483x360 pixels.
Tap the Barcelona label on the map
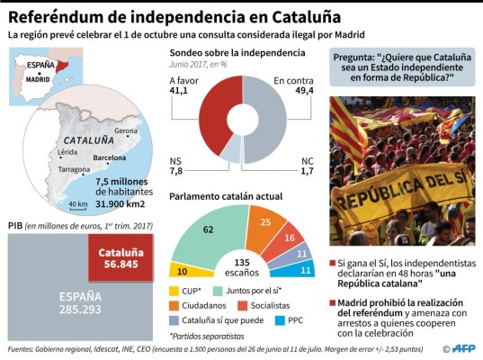tap(110, 157)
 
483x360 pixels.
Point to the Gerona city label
tap(126, 130)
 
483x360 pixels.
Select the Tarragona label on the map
tap(75, 168)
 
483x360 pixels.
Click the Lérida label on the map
tap(68, 153)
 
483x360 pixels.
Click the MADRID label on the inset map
tap(37, 79)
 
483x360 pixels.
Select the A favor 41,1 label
tap(184, 85)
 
